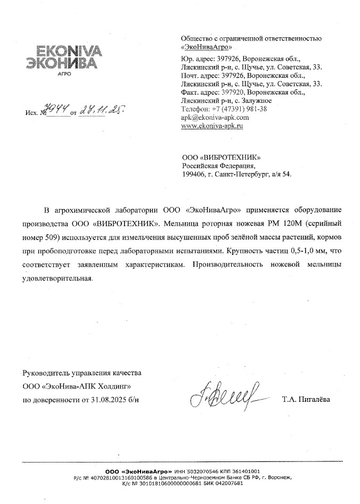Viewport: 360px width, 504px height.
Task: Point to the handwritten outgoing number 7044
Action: (59, 110)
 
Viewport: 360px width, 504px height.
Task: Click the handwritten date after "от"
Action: (99, 110)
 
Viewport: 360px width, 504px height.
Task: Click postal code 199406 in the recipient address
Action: (193, 174)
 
